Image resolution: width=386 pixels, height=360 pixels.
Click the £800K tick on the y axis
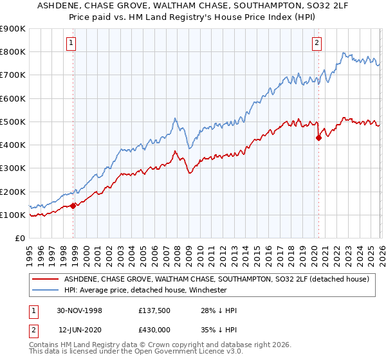[13, 52]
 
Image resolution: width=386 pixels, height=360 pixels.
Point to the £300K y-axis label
[13, 168]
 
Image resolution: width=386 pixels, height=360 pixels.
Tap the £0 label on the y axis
[19, 239]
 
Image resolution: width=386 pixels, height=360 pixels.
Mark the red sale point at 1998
[73, 206]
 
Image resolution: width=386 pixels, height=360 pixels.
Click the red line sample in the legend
[45, 280]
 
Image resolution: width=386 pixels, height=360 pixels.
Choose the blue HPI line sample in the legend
[45, 290]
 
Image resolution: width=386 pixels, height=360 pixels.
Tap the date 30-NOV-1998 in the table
[80, 310]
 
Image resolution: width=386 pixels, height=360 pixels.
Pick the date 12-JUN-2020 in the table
[80, 328]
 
